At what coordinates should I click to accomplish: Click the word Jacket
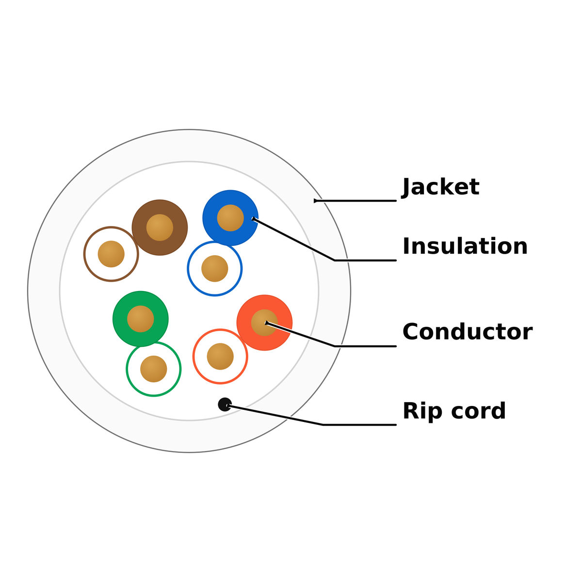pyautogui.click(x=440, y=188)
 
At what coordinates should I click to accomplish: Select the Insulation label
pyautogui.click(x=465, y=246)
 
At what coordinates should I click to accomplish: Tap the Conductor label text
pyautogui.click(x=468, y=332)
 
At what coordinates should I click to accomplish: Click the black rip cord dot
pyautogui.click(x=225, y=404)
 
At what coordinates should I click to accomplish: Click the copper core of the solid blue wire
pyautogui.click(x=230, y=218)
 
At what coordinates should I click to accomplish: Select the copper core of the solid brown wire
pyautogui.click(x=160, y=227)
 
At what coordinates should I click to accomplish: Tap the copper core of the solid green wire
pyautogui.click(x=141, y=319)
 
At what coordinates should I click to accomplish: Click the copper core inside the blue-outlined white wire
pyautogui.click(x=214, y=269)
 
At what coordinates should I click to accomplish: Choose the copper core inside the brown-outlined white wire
pyautogui.click(x=111, y=254)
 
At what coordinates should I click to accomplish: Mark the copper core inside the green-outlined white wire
pyautogui.click(x=153, y=369)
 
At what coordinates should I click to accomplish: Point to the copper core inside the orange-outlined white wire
pyautogui.click(x=220, y=356)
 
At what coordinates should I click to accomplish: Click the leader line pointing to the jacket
pyautogui.click(x=355, y=200)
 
